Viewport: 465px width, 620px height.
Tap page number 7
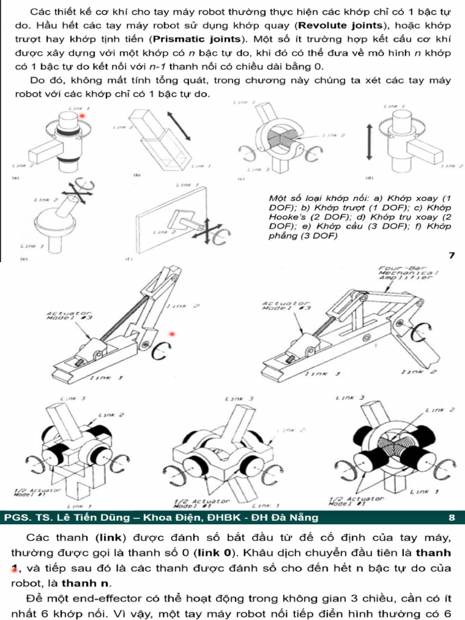click(451, 255)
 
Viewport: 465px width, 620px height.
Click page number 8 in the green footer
click(452, 517)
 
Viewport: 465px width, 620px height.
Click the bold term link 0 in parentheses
click(217, 552)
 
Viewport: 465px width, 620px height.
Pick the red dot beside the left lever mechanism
click(172, 334)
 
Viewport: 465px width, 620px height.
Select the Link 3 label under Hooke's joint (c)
click(257, 170)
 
